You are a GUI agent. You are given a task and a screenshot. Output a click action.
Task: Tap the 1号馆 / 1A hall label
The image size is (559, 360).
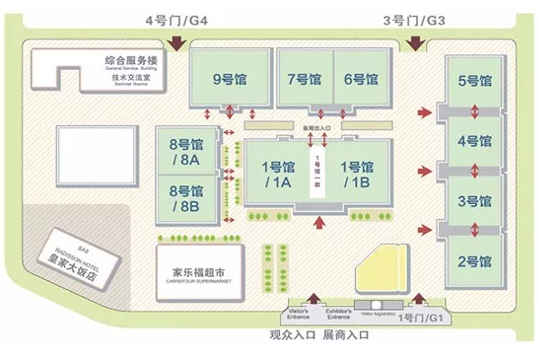pyautogui.click(x=276, y=175)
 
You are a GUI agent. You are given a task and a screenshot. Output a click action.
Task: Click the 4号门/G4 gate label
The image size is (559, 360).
pyautogui.click(x=176, y=18)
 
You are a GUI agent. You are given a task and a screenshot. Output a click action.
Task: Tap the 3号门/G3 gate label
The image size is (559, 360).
pyautogui.click(x=413, y=18)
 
